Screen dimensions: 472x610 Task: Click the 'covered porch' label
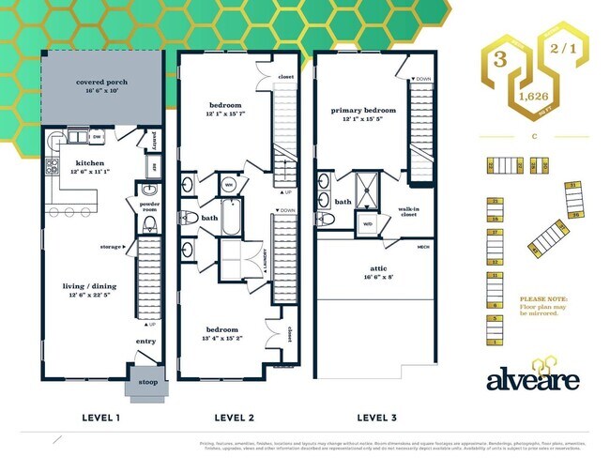[x=101, y=83]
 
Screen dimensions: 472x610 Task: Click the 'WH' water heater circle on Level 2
[x=229, y=184]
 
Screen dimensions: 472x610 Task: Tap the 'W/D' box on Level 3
[x=367, y=222]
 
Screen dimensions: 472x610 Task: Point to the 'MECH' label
[x=423, y=248]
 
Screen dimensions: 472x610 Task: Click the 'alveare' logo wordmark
[x=532, y=378]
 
